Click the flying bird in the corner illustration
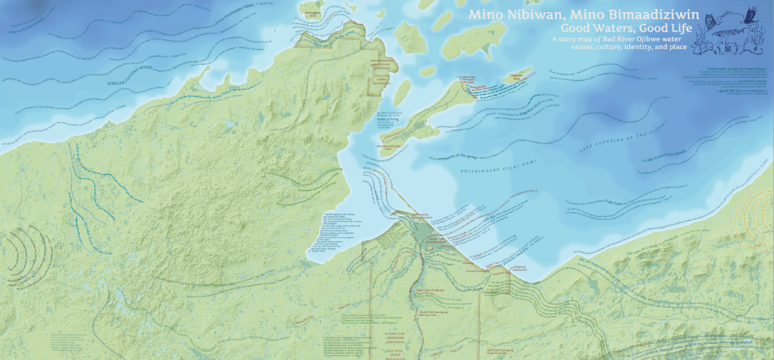point(750,14)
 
